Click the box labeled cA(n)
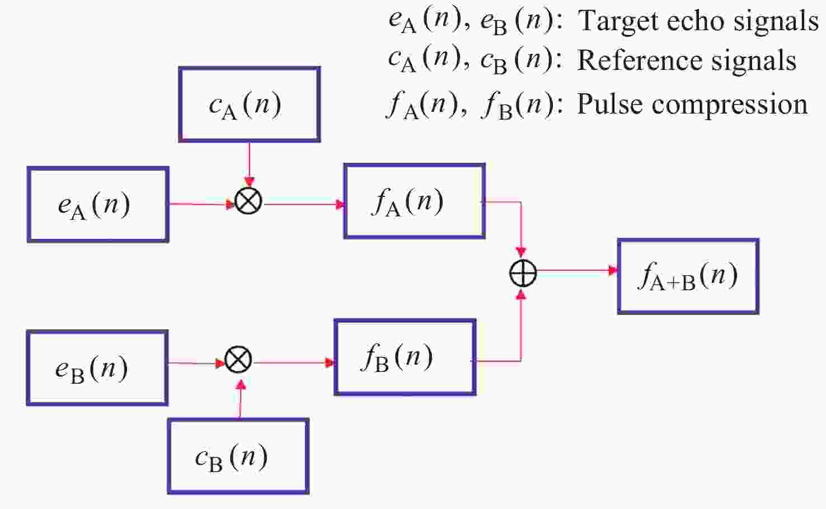249,105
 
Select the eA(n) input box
98,205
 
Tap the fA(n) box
414,201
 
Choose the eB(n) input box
97,368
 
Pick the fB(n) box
405,357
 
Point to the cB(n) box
238,456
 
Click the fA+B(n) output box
688,276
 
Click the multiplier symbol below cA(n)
248,201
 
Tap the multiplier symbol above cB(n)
238,360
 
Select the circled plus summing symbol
523,274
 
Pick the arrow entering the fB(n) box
294,362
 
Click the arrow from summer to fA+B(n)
576,271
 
